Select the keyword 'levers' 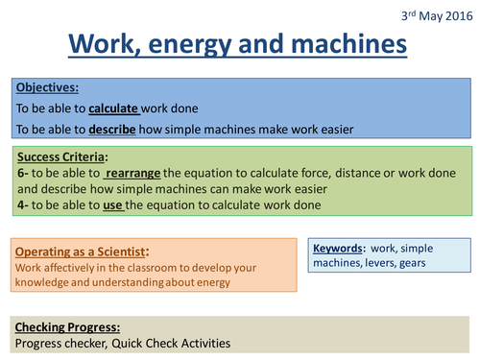(377, 263)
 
